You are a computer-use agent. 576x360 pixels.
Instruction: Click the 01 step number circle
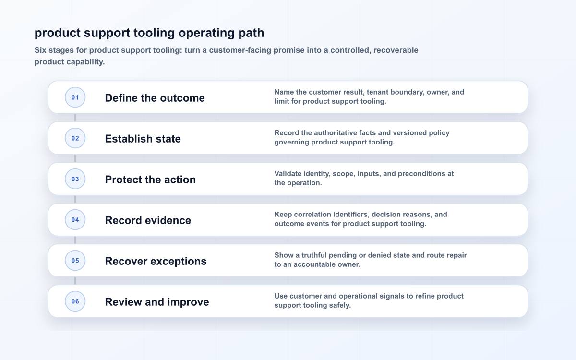[75, 97]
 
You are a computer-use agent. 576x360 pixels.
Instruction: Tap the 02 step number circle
[75, 138]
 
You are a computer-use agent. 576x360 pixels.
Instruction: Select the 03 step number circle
[75, 179]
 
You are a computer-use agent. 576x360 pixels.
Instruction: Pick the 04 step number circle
[75, 220]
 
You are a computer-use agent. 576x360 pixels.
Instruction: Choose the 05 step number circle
[75, 261]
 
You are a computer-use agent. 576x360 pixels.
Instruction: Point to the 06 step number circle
[75, 301]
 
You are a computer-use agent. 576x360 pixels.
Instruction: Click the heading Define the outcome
[155, 98]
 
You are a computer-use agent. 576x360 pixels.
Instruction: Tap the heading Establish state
[143, 139]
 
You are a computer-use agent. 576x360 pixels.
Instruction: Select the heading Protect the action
[150, 180]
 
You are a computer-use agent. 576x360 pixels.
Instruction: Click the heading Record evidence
[148, 220]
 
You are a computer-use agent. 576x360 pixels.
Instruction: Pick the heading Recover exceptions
[156, 261]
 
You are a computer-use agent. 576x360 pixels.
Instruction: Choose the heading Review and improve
[157, 302]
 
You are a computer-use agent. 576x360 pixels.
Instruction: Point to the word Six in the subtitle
[40, 50]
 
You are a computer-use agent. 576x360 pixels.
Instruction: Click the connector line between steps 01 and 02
[75, 118]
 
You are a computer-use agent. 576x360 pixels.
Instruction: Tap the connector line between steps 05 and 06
[75, 281]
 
